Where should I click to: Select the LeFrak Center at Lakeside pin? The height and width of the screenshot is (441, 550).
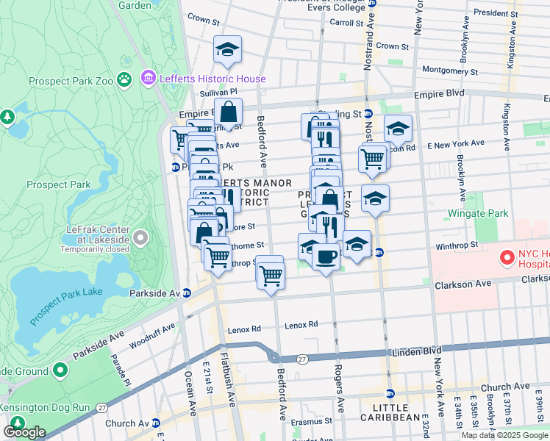(141, 238)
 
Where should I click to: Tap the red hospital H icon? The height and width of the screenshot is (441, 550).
(506, 258)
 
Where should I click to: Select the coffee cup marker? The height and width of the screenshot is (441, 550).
(326, 257)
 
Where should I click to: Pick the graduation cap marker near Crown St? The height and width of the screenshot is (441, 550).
(228, 50)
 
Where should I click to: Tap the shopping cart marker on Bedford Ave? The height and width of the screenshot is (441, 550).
(271, 275)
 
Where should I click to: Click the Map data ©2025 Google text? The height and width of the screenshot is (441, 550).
(504, 435)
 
